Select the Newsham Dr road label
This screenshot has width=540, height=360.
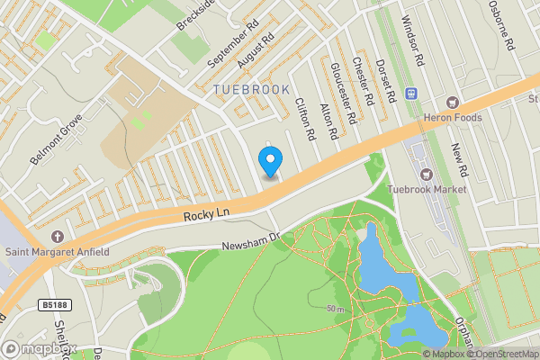pyautogui.click(x=252, y=238)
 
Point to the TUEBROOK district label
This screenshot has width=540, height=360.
pyautogui.click(x=252, y=90)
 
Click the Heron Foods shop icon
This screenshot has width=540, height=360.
pyautogui.click(x=453, y=102)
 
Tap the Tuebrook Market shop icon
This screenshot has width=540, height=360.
pyautogui.click(x=426, y=175)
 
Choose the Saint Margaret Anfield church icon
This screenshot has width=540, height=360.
pyautogui.click(x=58, y=237)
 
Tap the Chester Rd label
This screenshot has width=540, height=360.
pyautogui.click(x=362, y=78)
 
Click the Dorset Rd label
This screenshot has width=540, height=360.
pyautogui.click(x=386, y=79)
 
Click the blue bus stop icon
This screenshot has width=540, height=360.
pyautogui.click(x=413, y=93)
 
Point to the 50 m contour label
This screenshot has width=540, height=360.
pyautogui.click(x=337, y=309)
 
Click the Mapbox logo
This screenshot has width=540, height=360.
pyautogui.click(x=39, y=348)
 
